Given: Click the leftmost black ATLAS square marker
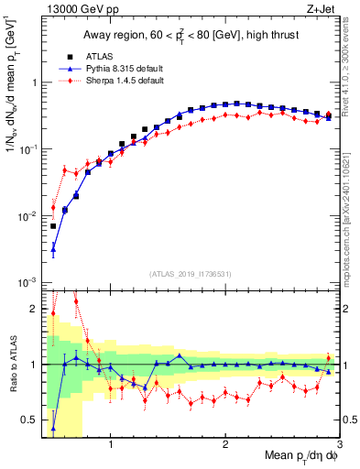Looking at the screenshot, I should point(53,225).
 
